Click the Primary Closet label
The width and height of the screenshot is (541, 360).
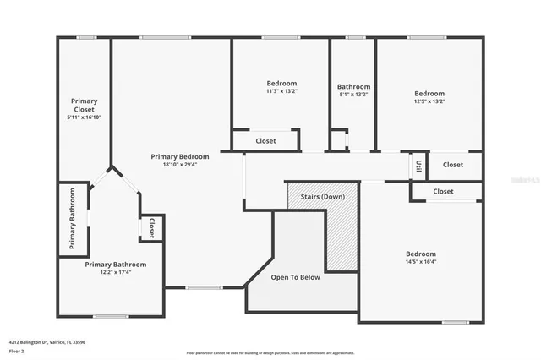[84, 105]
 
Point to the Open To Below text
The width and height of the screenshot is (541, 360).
[295, 277]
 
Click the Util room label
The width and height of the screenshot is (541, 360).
[418, 165]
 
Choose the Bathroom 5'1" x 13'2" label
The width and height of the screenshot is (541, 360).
[353, 86]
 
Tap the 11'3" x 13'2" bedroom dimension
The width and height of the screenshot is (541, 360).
[281, 91]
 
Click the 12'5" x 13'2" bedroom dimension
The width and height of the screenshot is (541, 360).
[429, 101]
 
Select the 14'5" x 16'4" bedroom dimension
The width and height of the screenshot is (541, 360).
[420, 262]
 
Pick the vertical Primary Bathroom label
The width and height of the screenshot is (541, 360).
[73, 219]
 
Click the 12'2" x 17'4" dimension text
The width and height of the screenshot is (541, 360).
[116, 272]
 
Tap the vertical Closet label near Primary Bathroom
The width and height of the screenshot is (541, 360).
[151, 228]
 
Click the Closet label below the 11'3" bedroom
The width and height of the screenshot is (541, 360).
[265, 141]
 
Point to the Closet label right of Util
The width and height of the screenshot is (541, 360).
[453, 165]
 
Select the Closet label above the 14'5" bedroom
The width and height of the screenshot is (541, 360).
[443, 192]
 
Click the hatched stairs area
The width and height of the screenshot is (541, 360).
[342, 237]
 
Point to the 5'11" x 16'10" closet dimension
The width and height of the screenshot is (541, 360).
[84, 117]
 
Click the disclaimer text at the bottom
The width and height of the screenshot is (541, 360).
[270, 352]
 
